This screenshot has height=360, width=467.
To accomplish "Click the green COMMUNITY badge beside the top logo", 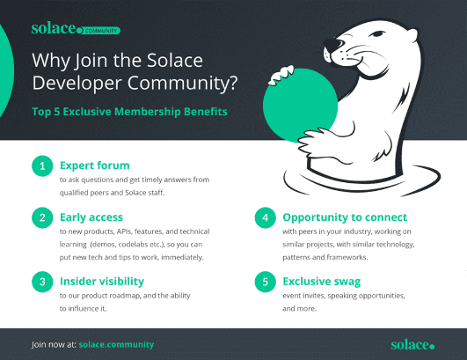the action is point(100,31).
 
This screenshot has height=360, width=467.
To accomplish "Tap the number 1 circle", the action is point(42,166).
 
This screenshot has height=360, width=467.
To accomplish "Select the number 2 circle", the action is point(42,217).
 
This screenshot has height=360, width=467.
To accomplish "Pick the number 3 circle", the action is point(42,282).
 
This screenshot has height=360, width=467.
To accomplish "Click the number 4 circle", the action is point(265,217).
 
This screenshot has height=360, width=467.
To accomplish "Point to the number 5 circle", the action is point(265,282).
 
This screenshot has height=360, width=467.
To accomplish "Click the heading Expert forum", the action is point(95,165).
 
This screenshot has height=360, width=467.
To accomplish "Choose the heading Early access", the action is point(91,217).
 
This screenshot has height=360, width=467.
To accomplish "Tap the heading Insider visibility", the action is point(102,282).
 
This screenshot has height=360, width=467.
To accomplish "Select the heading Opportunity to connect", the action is point(345,217).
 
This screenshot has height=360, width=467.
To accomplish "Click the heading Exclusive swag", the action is point(322,282).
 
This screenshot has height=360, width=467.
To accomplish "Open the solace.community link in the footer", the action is point(116,344).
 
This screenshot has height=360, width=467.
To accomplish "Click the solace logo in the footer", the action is point(412,345).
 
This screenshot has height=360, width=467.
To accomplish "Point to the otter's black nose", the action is point(332,45).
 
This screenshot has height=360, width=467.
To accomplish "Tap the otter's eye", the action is point(376,34).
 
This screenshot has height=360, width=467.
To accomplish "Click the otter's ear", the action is point(411,33).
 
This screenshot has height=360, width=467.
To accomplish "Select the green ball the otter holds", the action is point(299,105).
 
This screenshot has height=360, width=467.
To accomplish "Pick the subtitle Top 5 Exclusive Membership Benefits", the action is point(129,112).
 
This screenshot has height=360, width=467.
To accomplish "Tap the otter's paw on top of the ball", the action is point(281,75).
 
